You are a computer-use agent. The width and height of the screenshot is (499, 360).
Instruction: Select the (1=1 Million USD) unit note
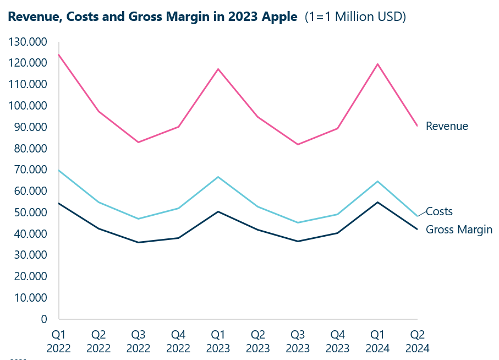(x=355, y=17)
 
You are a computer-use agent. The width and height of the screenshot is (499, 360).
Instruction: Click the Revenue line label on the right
(x=447, y=126)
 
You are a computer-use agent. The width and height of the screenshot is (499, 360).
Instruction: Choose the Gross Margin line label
(x=459, y=230)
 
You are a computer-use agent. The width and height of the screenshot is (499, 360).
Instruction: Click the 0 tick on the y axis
(x=44, y=319)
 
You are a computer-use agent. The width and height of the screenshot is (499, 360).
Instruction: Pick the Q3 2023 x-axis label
(x=298, y=341)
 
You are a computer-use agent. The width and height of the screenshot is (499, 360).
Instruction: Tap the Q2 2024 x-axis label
(x=416, y=341)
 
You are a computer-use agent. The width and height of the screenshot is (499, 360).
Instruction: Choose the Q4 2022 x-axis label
(x=178, y=341)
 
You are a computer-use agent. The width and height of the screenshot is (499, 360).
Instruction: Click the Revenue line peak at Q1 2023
(x=218, y=69)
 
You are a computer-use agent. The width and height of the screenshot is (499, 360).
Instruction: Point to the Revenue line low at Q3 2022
(x=139, y=142)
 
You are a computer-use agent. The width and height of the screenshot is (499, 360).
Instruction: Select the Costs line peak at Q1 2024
(x=377, y=181)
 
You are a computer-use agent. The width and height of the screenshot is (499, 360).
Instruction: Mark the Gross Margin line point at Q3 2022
(x=139, y=242)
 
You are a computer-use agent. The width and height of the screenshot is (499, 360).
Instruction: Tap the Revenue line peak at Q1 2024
(x=377, y=64)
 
